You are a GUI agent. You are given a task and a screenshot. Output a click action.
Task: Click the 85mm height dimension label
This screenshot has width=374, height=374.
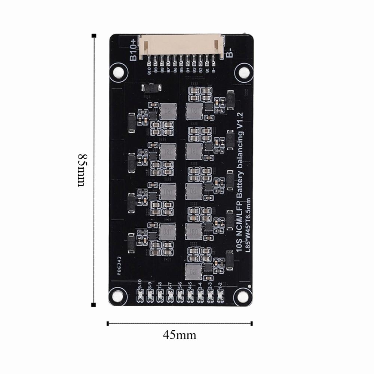pyautogui.click(x=81, y=170)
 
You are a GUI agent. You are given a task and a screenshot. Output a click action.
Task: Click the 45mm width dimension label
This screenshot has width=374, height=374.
pyautogui.click(x=179, y=334)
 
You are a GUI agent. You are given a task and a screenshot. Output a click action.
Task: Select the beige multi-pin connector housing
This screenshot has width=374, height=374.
pyautogui.click(x=181, y=46)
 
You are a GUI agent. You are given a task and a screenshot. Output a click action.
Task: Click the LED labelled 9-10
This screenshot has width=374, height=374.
pyautogui.click(x=140, y=295)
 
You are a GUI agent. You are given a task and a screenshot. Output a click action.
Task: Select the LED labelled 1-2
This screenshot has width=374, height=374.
pyautogui.click(x=220, y=295)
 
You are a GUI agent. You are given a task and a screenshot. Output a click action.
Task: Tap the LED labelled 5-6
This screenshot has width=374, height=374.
pyautogui.click(x=180, y=295)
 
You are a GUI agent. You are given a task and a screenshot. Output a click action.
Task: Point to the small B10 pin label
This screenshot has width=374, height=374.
pyautogui.click(x=149, y=71)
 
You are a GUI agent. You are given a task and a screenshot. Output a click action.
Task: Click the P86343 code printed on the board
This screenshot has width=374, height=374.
pyautogui.click(x=119, y=266)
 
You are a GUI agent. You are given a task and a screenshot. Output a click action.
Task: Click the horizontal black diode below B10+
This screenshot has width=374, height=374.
pyautogui.click(x=152, y=89)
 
